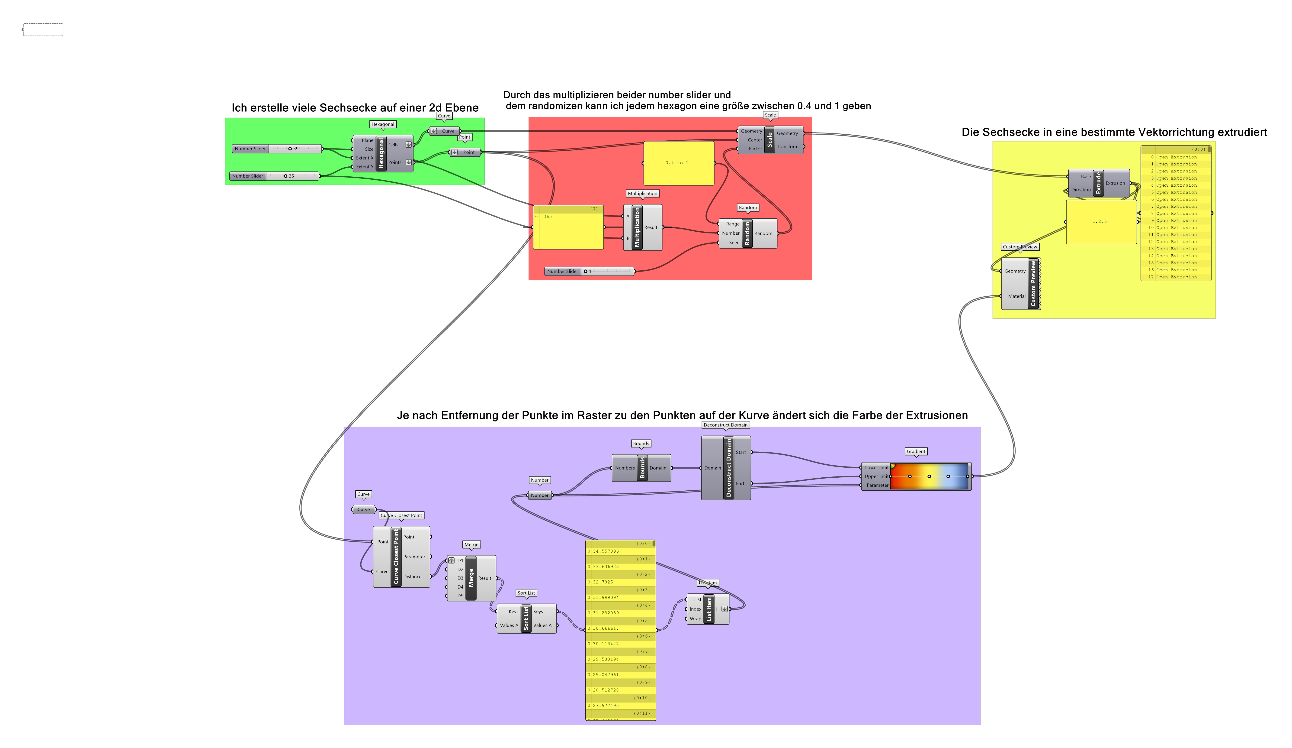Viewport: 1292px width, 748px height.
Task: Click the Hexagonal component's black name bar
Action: pos(381,153)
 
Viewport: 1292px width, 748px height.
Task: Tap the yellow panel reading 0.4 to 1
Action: pos(678,163)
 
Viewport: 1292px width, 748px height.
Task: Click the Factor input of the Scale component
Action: pos(755,149)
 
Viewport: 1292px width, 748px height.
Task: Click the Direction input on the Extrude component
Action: pos(1081,190)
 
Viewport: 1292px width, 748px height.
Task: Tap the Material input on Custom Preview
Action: pos(1016,296)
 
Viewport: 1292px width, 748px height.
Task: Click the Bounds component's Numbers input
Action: pos(625,468)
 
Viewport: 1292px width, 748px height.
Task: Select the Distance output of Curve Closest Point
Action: pos(412,577)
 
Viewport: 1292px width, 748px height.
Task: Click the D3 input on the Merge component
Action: pos(460,578)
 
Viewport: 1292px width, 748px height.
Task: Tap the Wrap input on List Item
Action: pos(695,619)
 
